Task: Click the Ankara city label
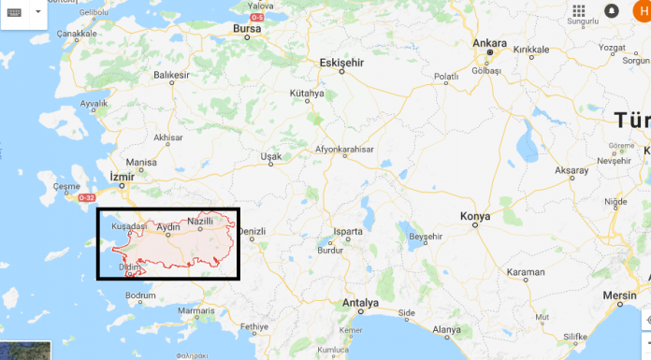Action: (490, 43)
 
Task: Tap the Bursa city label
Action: (246, 28)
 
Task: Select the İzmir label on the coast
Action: (122, 176)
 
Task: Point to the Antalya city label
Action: (360, 303)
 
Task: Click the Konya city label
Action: (475, 217)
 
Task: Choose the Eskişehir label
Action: (340, 62)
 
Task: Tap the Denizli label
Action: (253, 231)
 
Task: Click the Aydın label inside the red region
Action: (168, 227)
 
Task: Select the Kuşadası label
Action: (129, 226)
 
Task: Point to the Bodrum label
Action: (140, 295)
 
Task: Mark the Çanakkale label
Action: (78, 34)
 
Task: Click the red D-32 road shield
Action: (87, 198)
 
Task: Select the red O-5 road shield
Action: (256, 17)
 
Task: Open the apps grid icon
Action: (579, 10)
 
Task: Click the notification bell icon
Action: (612, 10)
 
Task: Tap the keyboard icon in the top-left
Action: (19, 12)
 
